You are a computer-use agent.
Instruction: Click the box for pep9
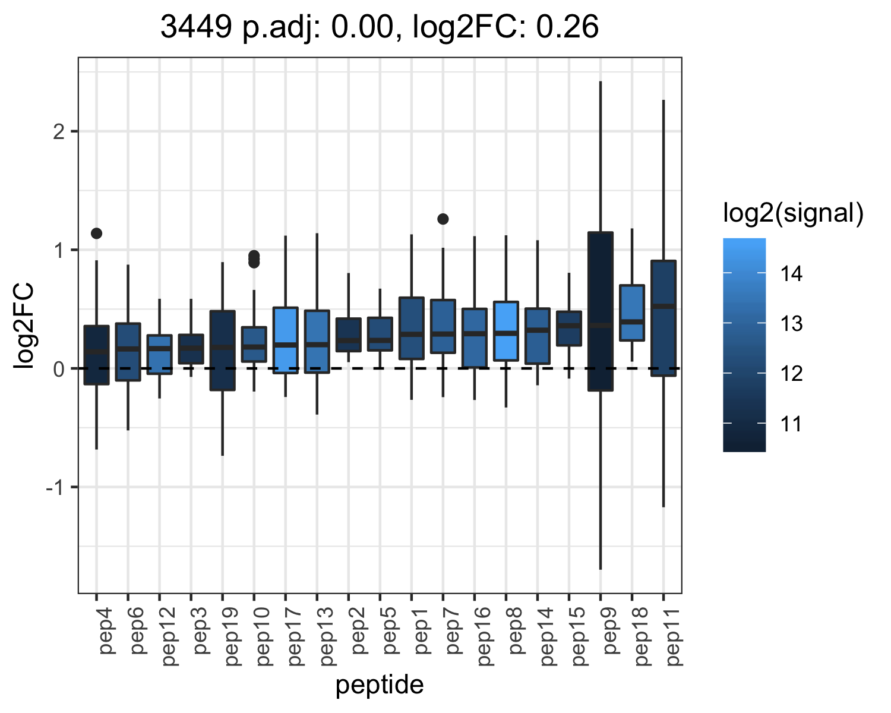[601, 311]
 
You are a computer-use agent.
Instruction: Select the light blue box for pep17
[285, 340]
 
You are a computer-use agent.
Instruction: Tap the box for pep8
[506, 331]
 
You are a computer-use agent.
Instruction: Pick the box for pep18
[632, 313]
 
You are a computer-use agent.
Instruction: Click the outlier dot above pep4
[96, 234]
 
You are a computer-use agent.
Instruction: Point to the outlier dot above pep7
[443, 219]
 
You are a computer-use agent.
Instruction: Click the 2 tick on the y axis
[59, 132]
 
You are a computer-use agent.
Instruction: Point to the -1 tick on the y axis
[55, 487]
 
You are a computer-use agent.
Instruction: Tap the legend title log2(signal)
[794, 213]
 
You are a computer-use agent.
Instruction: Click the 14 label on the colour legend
[791, 274]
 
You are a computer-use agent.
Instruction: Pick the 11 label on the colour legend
[791, 424]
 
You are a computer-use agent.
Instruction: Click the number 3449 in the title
[196, 27]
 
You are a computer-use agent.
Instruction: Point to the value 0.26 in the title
[567, 27]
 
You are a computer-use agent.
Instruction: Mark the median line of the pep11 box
[663, 306]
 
